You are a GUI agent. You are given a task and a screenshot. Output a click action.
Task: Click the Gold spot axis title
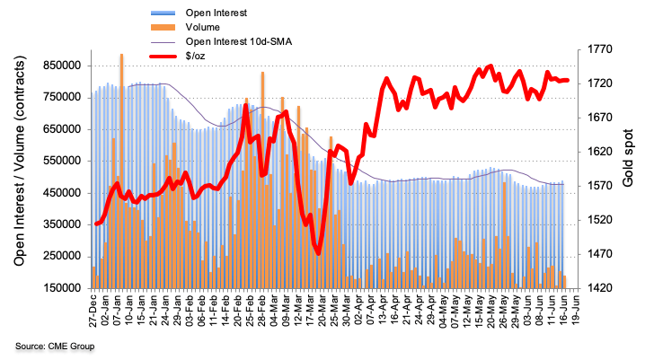pos(629,169)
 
